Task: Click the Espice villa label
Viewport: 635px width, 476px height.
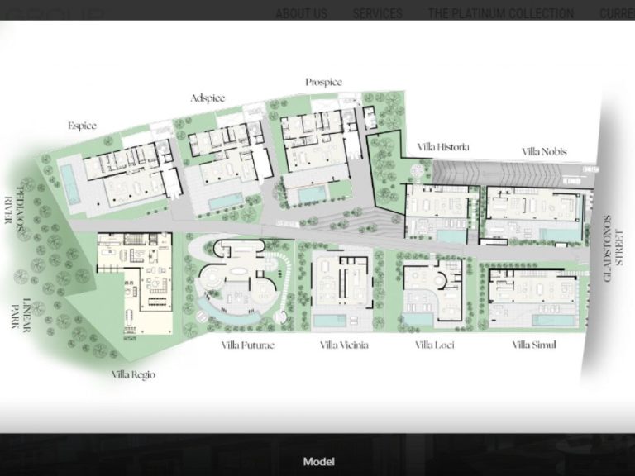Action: click(x=82, y=126)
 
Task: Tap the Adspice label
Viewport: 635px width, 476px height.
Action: click(x=208, y=98)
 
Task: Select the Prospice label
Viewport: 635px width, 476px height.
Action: click(x=323, y=82)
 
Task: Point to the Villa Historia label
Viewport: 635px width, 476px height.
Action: click(x=443, y=147)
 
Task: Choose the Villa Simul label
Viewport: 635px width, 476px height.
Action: click(x=533, y=345)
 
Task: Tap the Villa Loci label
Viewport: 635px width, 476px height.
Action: click(x=434, y=345)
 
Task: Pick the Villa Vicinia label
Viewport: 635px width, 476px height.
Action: click(x=344, y=345)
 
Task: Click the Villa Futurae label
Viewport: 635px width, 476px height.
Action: click(x=247, y=345)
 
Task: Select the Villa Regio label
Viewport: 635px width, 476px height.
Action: click(x=133, y=374)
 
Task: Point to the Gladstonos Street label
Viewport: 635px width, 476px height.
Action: click(x=613, y=248)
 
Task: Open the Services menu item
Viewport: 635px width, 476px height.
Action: click(x=377, y=13)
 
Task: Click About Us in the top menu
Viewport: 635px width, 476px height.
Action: click(x=301, y=13)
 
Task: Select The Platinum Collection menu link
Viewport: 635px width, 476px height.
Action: click(x=500, y=13)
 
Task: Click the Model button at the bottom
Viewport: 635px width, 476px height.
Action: click(x=318, y=462)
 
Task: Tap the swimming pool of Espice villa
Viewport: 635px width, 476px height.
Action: click(x=69, y=184)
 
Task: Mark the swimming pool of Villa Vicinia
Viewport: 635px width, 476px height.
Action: click(x=332, y=319)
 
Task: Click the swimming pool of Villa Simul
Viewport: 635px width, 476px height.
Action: click(x=553, y=320)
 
